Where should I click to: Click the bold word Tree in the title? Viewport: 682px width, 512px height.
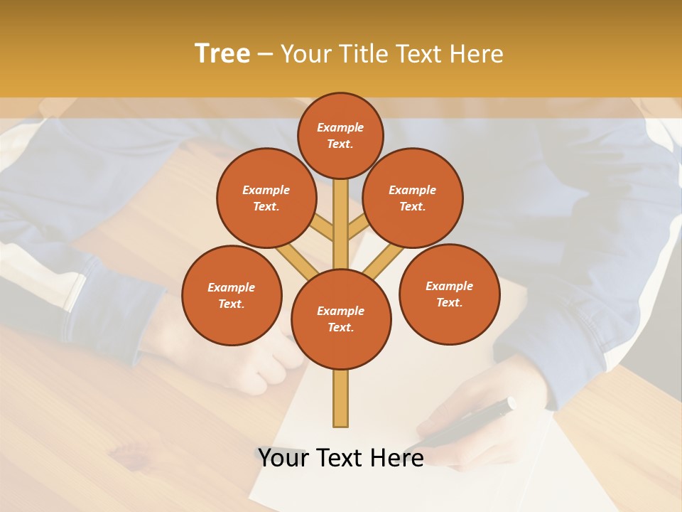coord(222,54)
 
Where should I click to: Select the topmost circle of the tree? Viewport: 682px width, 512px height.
coord(340,135)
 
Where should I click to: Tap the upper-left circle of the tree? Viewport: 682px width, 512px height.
coord(266,198)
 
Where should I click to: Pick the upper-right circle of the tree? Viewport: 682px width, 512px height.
coord(412,198)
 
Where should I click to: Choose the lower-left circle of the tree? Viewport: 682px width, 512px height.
coord(231,295)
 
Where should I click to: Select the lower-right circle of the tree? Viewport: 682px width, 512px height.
coord(449,294)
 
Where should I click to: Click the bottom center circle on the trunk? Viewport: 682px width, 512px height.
coord(340,319)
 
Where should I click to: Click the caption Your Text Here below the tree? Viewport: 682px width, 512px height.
coord(340,458)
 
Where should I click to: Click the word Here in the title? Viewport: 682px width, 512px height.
coord(476,54)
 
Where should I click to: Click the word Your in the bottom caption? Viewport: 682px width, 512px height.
coord(283,458)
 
